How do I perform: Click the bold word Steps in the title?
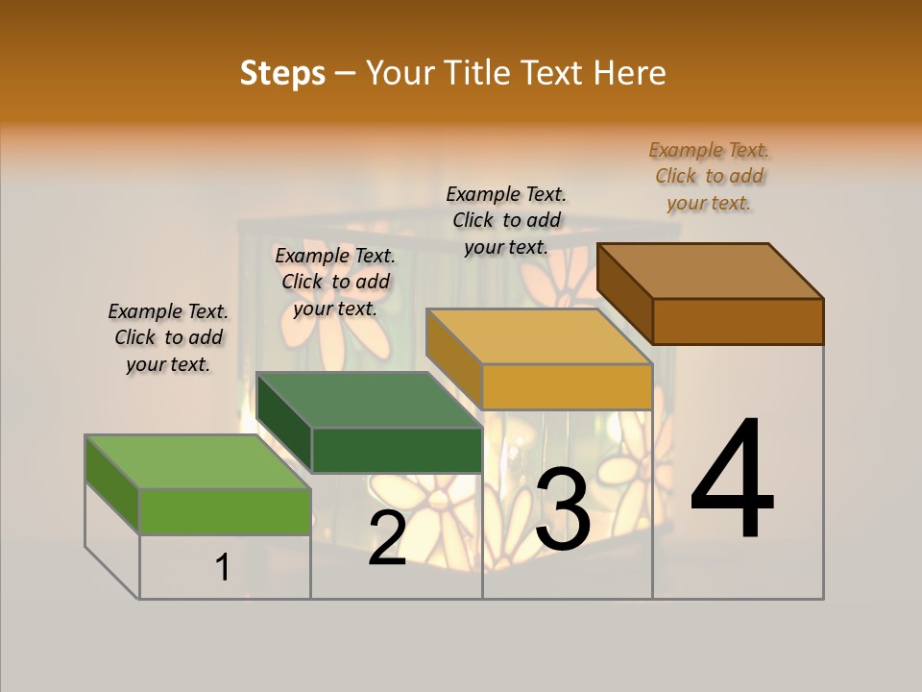(x=282, y=73)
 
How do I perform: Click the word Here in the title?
(x=630, y=73)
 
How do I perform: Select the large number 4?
(x=732, y=481)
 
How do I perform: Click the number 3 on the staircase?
(x=563, y=510)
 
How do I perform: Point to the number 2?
(x=387, y=538)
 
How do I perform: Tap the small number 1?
(x=223, y=568)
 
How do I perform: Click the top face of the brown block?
(x=711, y=271)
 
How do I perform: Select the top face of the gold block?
(x=538, y=336)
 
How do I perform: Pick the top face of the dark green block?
(x=370, y=400)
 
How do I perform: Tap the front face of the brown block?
(x=738, y=321)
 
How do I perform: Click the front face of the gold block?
(x=567, y=386)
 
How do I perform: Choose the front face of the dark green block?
(x=397, y=450)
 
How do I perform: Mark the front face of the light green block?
(x=225, y=511)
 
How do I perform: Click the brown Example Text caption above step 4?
(x=709, y=177)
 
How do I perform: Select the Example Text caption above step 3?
(x=506, y=221)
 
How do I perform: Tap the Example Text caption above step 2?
(x=335, y=282)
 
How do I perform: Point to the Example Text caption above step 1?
(x=168, y=338)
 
